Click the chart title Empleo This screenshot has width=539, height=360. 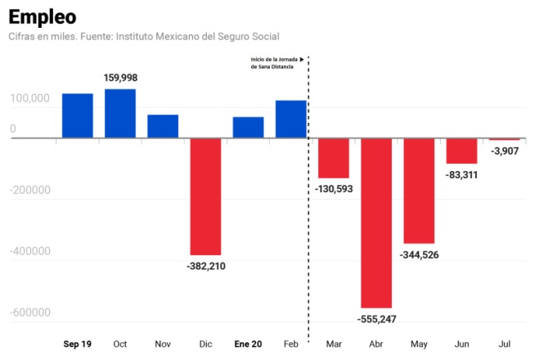click(43, 16)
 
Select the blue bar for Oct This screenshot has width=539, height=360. click(120, 113)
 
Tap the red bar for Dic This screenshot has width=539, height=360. click(205, 196)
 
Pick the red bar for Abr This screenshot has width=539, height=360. click(376, 223)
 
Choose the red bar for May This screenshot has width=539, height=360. click(419, 191)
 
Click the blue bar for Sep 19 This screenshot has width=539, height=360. click(78, 115)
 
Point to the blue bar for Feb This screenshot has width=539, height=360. click(291, 119)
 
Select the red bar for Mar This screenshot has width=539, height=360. click(334, 158)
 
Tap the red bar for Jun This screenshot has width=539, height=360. click(461, 151)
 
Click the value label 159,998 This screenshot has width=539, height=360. click(120, 78)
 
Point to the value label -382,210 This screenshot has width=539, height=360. click(205, 266)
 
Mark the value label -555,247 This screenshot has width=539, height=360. click(376, 318)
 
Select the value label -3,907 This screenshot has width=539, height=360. click(505, 151)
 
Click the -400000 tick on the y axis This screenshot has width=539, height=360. click(29, 251)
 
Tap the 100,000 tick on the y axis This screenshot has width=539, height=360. click(29, 98)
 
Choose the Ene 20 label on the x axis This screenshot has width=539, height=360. click(248, 344)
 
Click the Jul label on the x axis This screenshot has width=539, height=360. click(505, 344)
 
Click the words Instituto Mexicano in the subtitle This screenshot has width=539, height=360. click(160, 37)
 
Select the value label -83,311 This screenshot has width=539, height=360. click(461, 174)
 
